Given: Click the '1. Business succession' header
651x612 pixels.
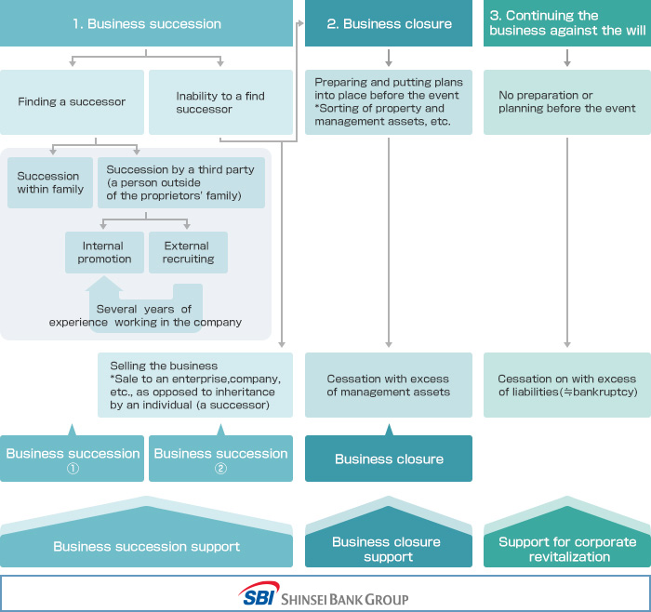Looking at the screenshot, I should coord(146,23).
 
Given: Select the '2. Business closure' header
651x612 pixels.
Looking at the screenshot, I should coord(389,23).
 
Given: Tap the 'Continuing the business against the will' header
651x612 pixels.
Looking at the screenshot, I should coord(566,23).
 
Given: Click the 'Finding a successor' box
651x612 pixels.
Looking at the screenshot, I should coord(72,102).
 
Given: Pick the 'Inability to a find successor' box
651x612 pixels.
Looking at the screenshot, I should coord(220,102).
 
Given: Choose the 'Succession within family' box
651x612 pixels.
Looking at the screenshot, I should coord(49,182).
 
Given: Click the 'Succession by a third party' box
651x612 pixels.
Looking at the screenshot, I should coord(181,182).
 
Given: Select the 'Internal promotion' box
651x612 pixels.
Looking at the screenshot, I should coord(105,252).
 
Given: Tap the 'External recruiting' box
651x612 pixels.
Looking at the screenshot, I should coord(187,252).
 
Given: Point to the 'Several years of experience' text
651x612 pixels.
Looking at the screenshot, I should coord(144,315).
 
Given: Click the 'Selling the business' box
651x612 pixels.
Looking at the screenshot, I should coord(195,385).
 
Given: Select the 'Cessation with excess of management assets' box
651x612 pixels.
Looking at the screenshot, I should coord(388,385).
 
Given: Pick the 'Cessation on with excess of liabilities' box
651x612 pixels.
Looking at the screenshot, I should coord(566,385).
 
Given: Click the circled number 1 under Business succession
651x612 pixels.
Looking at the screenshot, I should coord(73,469).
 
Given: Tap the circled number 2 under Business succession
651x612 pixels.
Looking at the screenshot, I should coord(220,469).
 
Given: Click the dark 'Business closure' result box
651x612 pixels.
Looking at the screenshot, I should coord(389,459).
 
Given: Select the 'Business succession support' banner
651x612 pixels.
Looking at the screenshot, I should coord(146,546).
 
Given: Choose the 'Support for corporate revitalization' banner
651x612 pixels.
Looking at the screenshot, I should coord(566,549).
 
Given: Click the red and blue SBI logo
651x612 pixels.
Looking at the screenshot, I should coord(258,595).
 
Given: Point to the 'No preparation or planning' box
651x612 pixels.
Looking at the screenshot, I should coord(566,102).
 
